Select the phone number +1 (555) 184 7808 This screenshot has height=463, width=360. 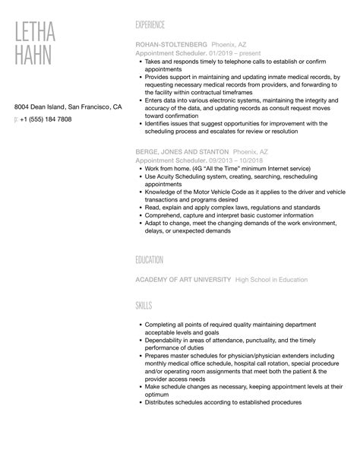coord(49,119)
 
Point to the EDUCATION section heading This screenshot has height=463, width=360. coord(150,260)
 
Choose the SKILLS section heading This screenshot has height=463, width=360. coord(144,306)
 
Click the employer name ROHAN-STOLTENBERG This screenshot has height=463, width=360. coord(170,45)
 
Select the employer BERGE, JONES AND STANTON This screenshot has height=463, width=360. coord(181,152)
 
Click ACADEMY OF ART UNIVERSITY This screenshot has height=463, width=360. coord(182,280)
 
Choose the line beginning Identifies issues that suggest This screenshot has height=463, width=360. coord(235,122)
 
